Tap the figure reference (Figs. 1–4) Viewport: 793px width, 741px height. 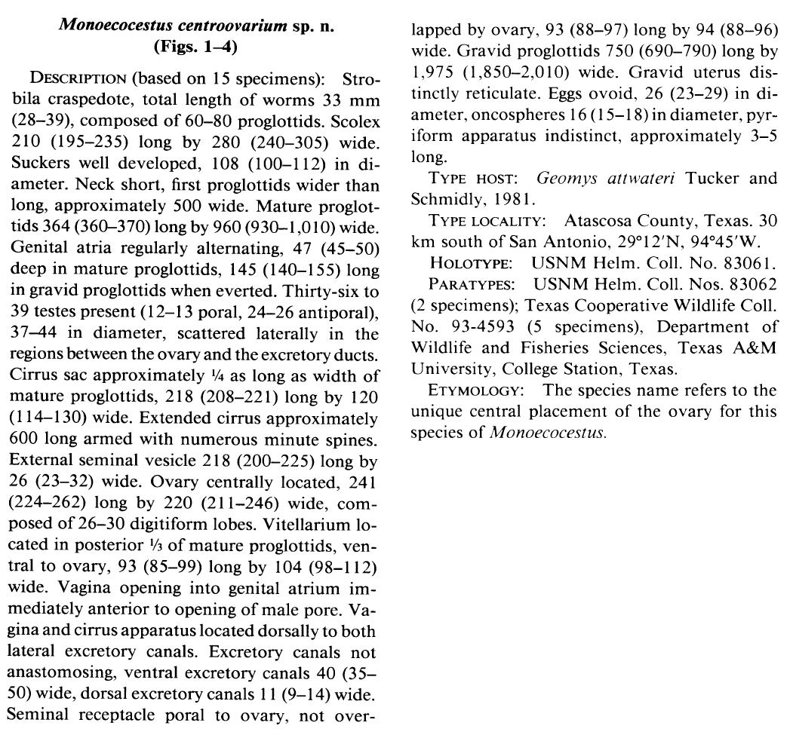pos(196,47)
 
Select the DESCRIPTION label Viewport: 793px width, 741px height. pos(78,80)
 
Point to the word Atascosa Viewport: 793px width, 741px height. pos(598,221)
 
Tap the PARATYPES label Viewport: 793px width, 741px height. pos(473,283)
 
